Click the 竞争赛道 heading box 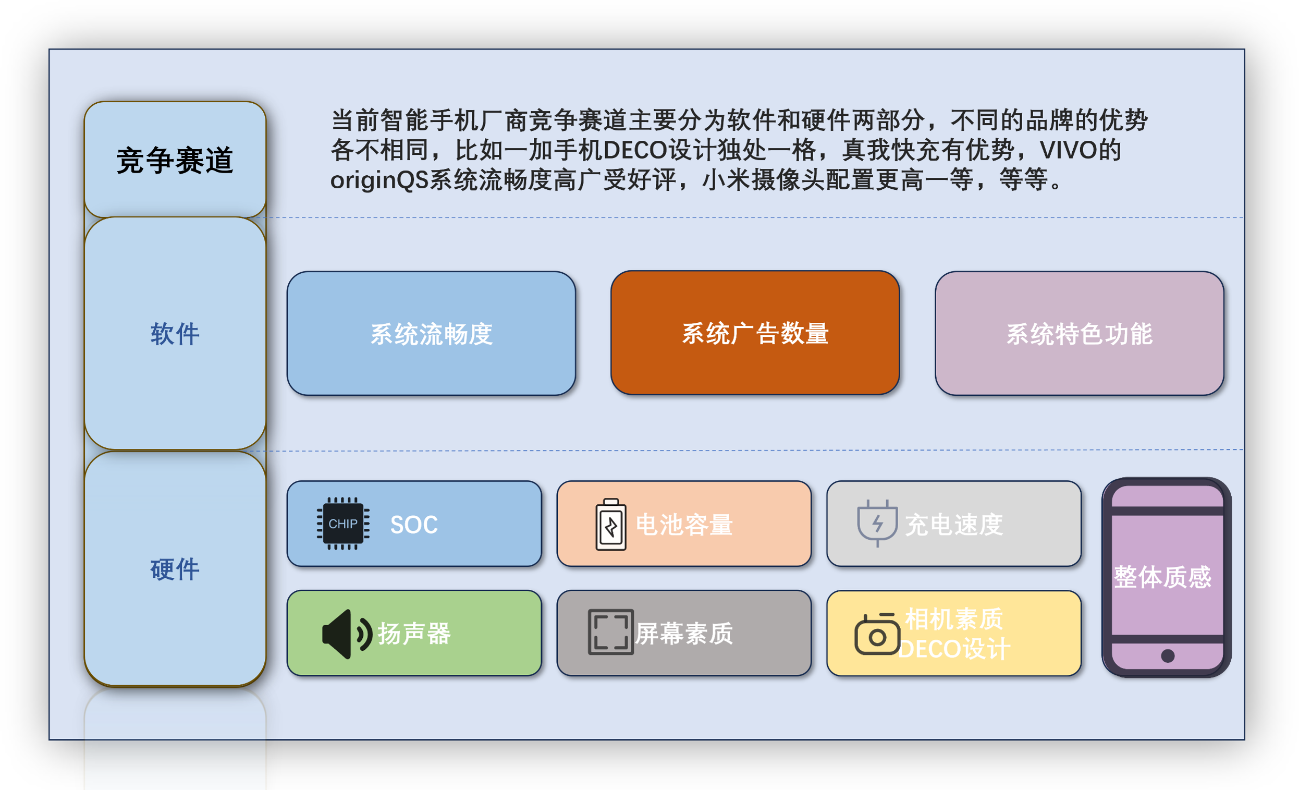[175, 159]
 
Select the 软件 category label [175, 334]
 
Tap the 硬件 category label [175, 569]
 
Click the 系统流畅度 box [431, 333]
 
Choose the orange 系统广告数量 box [755, 333]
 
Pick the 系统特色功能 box [1079, 333]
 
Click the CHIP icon [342, 523]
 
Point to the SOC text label [414, 525]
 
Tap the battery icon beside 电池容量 [611, 524]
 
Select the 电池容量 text [684, 525]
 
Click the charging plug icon [877, 522]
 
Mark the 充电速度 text [954, 525]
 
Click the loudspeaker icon [347, 634]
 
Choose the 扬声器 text [414, 634]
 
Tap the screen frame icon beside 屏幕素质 [610, 632]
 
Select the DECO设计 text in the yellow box [954, 649]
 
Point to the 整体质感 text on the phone [1162, 577]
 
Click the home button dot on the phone [1168, 655]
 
